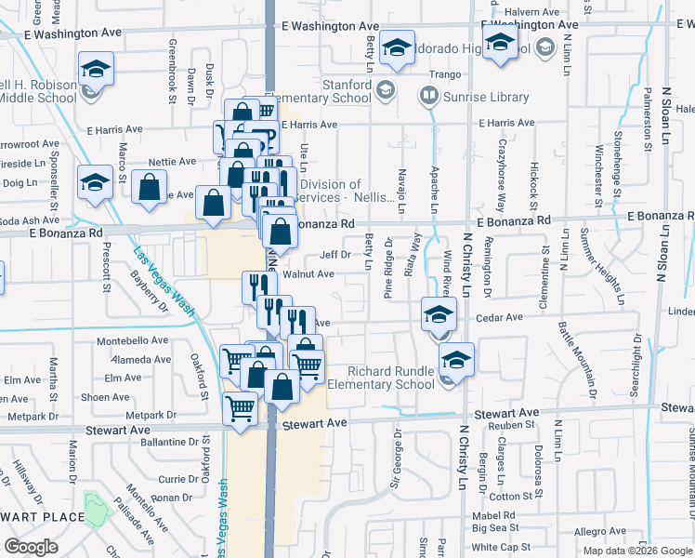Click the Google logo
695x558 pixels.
click(31, 547)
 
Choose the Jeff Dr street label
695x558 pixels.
click(334, 254)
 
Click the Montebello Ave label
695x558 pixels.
click(134, 341)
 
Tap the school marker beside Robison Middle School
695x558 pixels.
click(96, 69)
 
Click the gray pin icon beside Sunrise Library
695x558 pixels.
click(428, 95)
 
